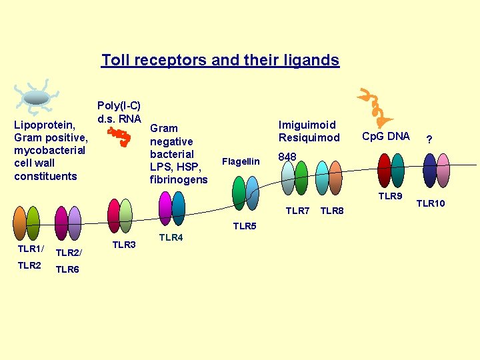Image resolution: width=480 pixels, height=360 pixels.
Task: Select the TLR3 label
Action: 124,245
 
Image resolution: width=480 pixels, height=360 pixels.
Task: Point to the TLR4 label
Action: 171,238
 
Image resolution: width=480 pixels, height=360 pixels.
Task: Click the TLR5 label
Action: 245,227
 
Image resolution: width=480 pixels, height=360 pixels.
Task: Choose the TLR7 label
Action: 297,211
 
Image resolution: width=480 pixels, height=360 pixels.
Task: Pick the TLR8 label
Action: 332,211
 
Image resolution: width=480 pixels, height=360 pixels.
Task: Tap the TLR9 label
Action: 390,196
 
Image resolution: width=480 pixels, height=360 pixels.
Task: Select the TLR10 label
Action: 431,203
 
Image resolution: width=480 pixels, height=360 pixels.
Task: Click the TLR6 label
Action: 67,269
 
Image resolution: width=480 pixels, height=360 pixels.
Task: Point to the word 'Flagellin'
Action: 241,161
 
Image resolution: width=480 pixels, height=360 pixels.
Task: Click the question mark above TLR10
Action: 430,139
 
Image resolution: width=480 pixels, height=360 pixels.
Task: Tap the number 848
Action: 287,157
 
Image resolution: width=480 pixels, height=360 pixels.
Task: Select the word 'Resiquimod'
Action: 309,138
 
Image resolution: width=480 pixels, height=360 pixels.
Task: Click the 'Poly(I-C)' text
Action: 119,106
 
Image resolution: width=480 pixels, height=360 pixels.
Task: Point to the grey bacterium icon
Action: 37,97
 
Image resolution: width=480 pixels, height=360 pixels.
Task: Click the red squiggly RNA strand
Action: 120,137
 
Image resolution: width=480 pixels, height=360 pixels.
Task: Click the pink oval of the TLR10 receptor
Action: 443,171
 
